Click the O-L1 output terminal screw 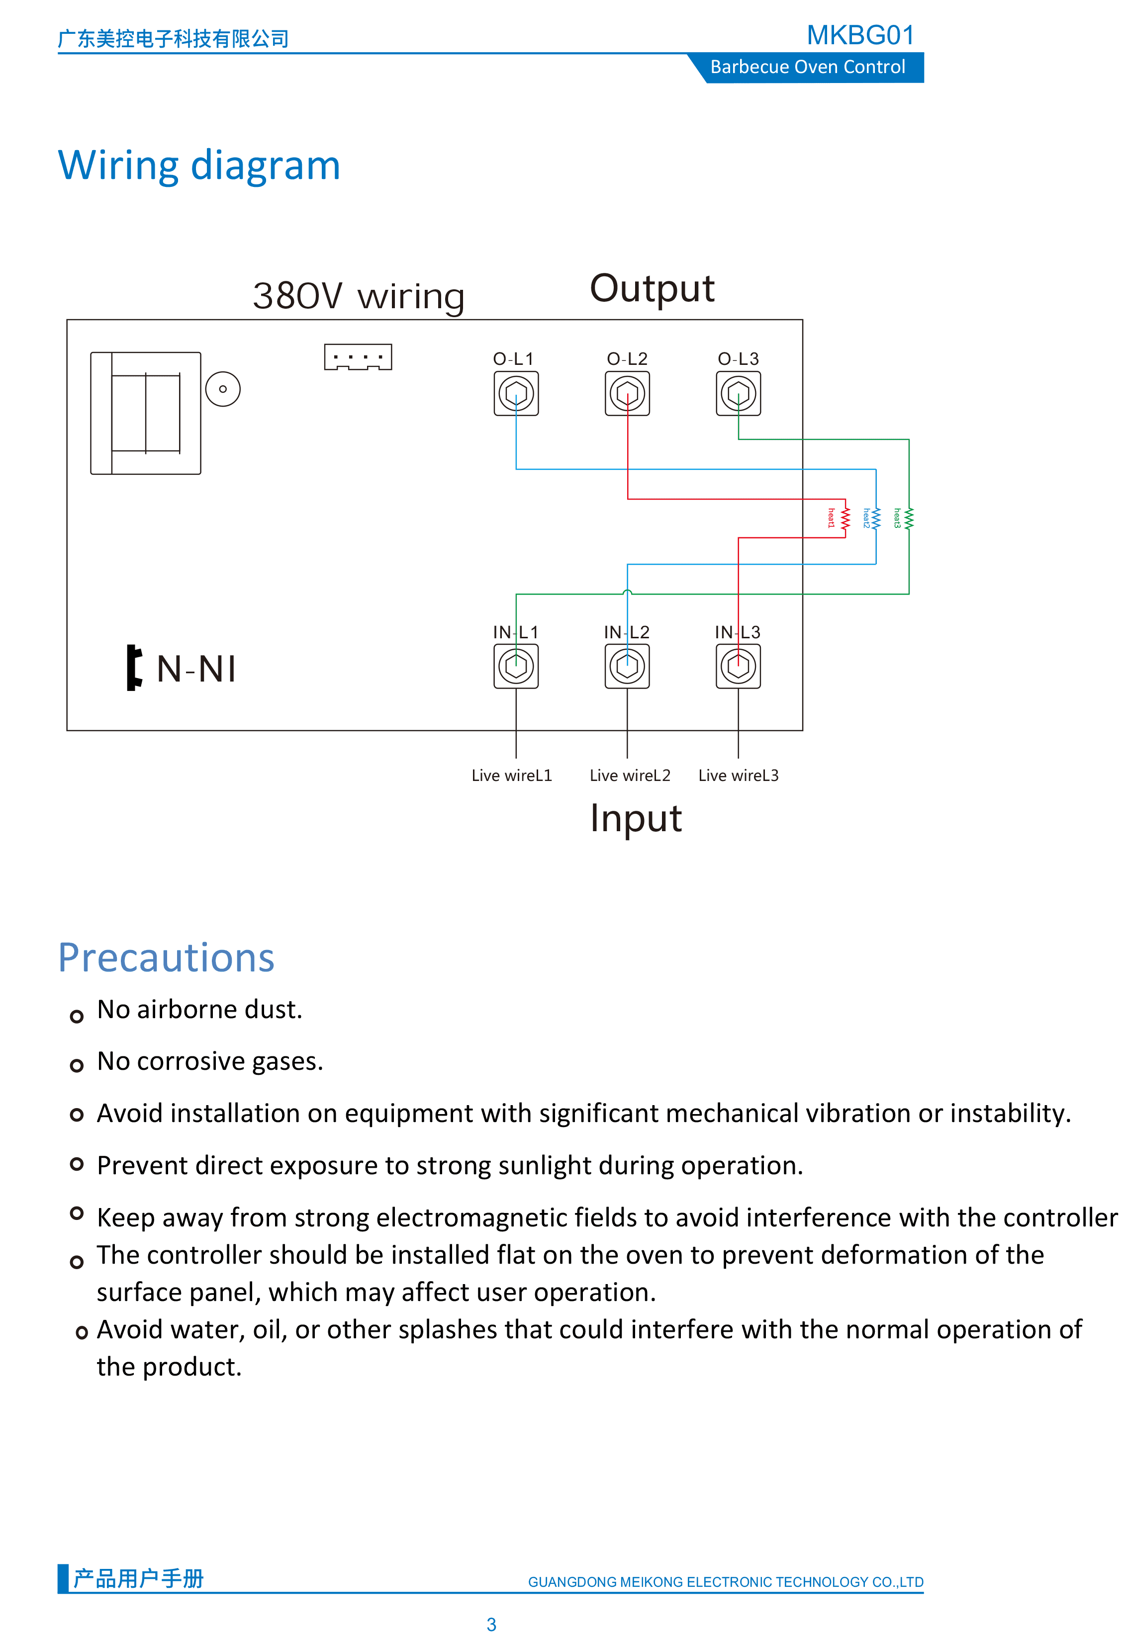(x=516, y=393)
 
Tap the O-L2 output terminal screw (x=627, y=393)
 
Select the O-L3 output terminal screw (x=738, y=393)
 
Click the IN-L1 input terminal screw (x=516, y=666)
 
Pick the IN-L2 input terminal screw (x=627, y=666)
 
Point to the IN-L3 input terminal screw (x=738, y=666)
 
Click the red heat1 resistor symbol (x=845, y=518)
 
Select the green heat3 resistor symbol (x=909, y=518)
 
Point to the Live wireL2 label (x=630, y=776)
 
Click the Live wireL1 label (x=511, y=776)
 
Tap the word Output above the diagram (x=652, y=289)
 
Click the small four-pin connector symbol (x=358, y=357)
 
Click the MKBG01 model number (x=860, y=35)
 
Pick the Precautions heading (x=166, y=958)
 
